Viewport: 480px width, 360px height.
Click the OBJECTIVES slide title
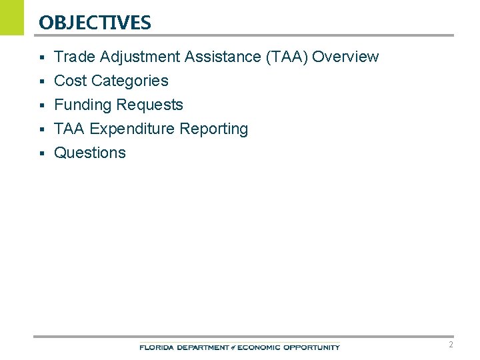tap(95, 23)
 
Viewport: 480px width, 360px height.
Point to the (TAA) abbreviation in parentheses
tap(287, 57)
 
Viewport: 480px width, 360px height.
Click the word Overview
tap(345, 57)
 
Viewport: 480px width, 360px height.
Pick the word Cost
tap(70, 81)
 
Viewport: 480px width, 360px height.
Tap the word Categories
tap(129, 81)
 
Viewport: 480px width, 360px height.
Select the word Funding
tap(83, 105)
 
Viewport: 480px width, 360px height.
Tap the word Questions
tap(89, 153)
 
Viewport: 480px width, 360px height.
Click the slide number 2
tap(451, 345)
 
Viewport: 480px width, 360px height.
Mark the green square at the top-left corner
tap(11, 17)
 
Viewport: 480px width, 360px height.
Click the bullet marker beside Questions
tap(41, 153)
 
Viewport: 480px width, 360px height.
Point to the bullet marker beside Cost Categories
tap(41, 81)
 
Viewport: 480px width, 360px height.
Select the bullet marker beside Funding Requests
tap(41, 105)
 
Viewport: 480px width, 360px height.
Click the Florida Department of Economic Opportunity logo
tap(239, 347)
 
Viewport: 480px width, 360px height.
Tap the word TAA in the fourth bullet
tap(69, 129)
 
